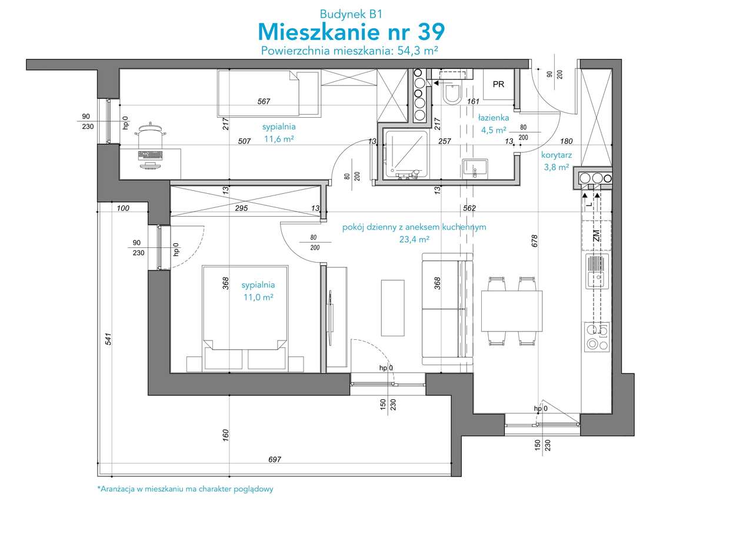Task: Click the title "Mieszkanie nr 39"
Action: (x=351, y=32)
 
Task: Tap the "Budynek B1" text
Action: (x=351, y=14)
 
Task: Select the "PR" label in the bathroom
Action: (x=498, y=84)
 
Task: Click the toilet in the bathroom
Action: (x=452, y=94)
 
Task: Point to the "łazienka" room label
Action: (x=494, y=118)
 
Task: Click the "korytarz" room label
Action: (x=557, y=155)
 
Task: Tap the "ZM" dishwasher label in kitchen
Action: (x=597, y=235)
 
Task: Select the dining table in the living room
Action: (x=512, y=311)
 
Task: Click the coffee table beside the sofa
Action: (x=392, y=308)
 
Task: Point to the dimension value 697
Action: (x=275, y=459)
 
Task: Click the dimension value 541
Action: (x=108, y=339)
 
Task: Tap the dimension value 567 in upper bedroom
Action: (x=264, y=101)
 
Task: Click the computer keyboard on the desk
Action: (x=150, y=155)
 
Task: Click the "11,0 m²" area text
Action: (x=258, y=297)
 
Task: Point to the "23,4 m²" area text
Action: (x=414, y=239)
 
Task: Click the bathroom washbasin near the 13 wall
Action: (x=475, y=168)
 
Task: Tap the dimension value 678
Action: (x=535, y=241)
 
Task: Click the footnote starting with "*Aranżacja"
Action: (x=185, y=489)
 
